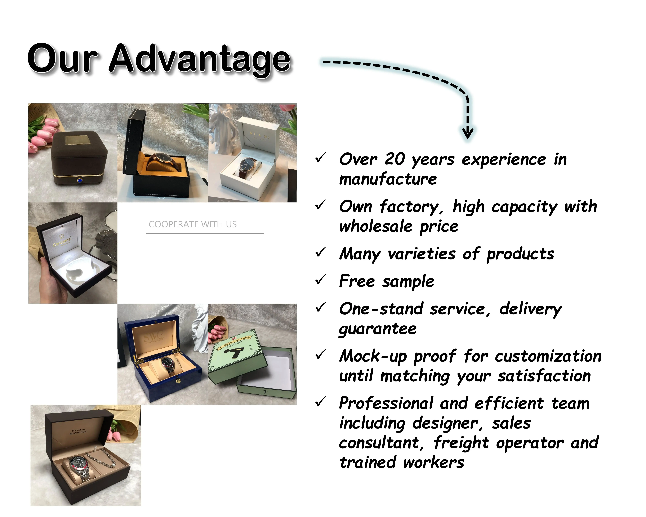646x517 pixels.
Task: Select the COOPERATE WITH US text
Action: (x=193, y=224)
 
